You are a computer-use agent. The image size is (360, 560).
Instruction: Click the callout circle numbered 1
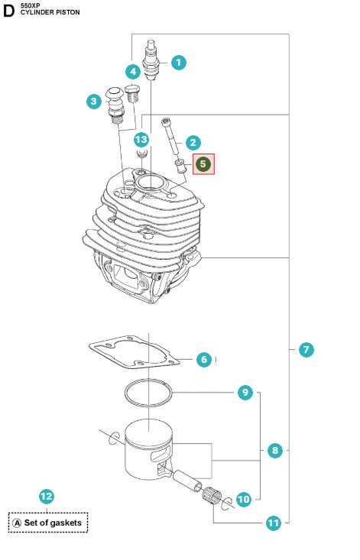178,63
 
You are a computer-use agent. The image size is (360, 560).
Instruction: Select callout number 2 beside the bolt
193,142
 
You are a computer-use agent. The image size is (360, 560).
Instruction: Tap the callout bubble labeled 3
94,101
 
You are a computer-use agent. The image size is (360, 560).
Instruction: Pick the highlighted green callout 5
203,163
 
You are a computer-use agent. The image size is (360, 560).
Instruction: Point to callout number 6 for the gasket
203,358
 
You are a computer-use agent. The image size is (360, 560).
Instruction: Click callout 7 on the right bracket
305,350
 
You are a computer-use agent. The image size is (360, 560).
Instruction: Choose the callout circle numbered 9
245,393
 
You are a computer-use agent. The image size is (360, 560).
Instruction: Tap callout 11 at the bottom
273,523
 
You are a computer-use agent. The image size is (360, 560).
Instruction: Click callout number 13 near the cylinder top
141,139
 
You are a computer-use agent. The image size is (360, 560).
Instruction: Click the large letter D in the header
9,10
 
